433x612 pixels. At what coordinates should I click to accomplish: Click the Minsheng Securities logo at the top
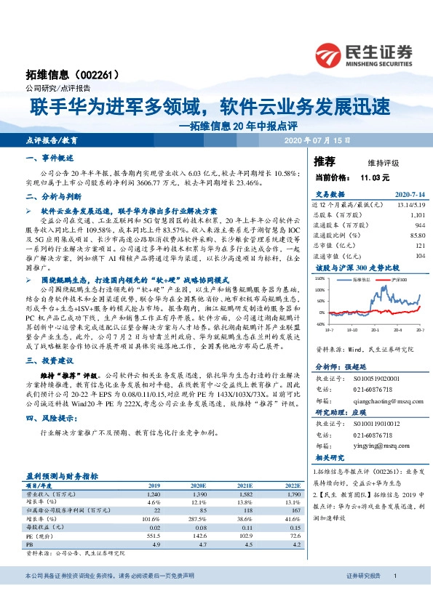point(363,54)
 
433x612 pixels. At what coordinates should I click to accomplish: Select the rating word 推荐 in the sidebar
point(324,161)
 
